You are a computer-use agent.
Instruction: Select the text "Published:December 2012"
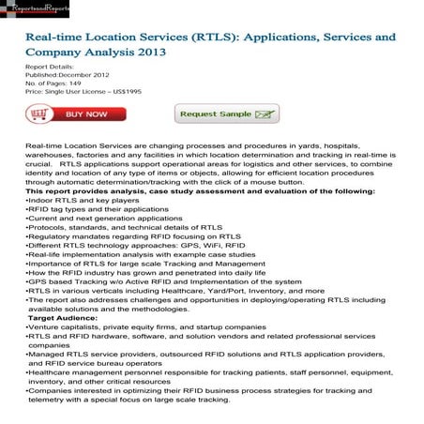point(67,75)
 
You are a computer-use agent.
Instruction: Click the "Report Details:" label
point(47,68)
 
